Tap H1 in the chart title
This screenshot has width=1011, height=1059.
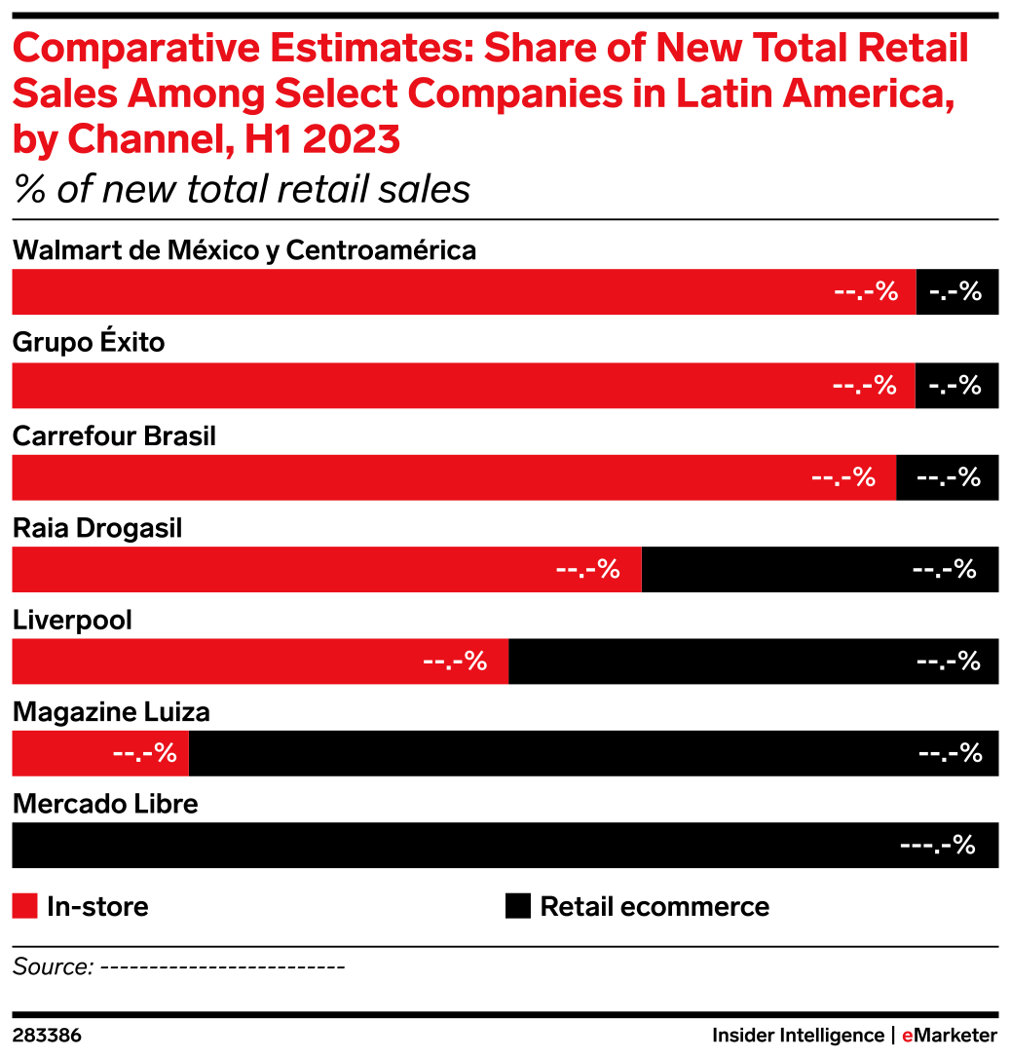[x=265, y=141]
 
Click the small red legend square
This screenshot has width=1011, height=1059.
[x=24, y=905]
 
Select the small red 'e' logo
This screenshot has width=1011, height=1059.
[x=907, y=1036]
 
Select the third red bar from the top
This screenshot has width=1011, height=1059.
[x=453, y=477]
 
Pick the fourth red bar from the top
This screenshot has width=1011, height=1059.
[x=325, y=570]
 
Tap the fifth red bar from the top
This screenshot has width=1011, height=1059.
[x=259, y=662]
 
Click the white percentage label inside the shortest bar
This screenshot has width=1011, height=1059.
[x=145, y=753]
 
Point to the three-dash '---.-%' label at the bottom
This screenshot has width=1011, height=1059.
[x=937, y=846]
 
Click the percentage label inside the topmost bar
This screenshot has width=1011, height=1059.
[x=866, y=292]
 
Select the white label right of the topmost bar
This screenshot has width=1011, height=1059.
[x=955, y=292]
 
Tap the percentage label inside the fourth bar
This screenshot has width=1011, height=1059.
[x=587, y=570]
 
